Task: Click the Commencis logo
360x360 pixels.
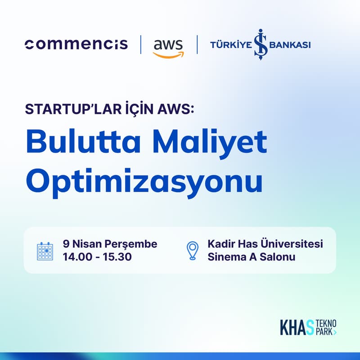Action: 76,45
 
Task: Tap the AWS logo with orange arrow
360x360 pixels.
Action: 168,47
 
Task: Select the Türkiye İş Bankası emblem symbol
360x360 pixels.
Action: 261,45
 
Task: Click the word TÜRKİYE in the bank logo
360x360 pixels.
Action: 230,45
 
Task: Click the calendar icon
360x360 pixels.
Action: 45,251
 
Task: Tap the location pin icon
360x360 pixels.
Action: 193,251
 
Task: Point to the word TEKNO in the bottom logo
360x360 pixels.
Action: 326,323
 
